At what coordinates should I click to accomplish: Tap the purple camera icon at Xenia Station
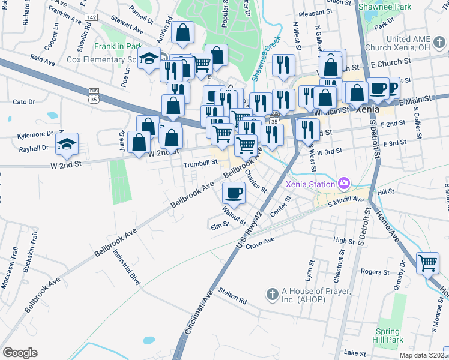[344, 182]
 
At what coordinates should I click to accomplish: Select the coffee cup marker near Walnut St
[234, 193]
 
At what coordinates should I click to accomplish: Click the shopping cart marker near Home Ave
[427, 262]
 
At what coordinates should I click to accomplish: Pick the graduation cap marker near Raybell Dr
[67, 143]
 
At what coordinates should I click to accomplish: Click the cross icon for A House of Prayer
[272, 294]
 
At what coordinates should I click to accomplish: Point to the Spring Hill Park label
[388, 336]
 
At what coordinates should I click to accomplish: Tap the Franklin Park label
[118, 46]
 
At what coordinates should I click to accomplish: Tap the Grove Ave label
[260, 242]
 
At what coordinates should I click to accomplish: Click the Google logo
[20, 352]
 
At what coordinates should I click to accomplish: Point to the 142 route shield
[91, 18]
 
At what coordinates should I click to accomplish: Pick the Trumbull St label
[200, 163]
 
